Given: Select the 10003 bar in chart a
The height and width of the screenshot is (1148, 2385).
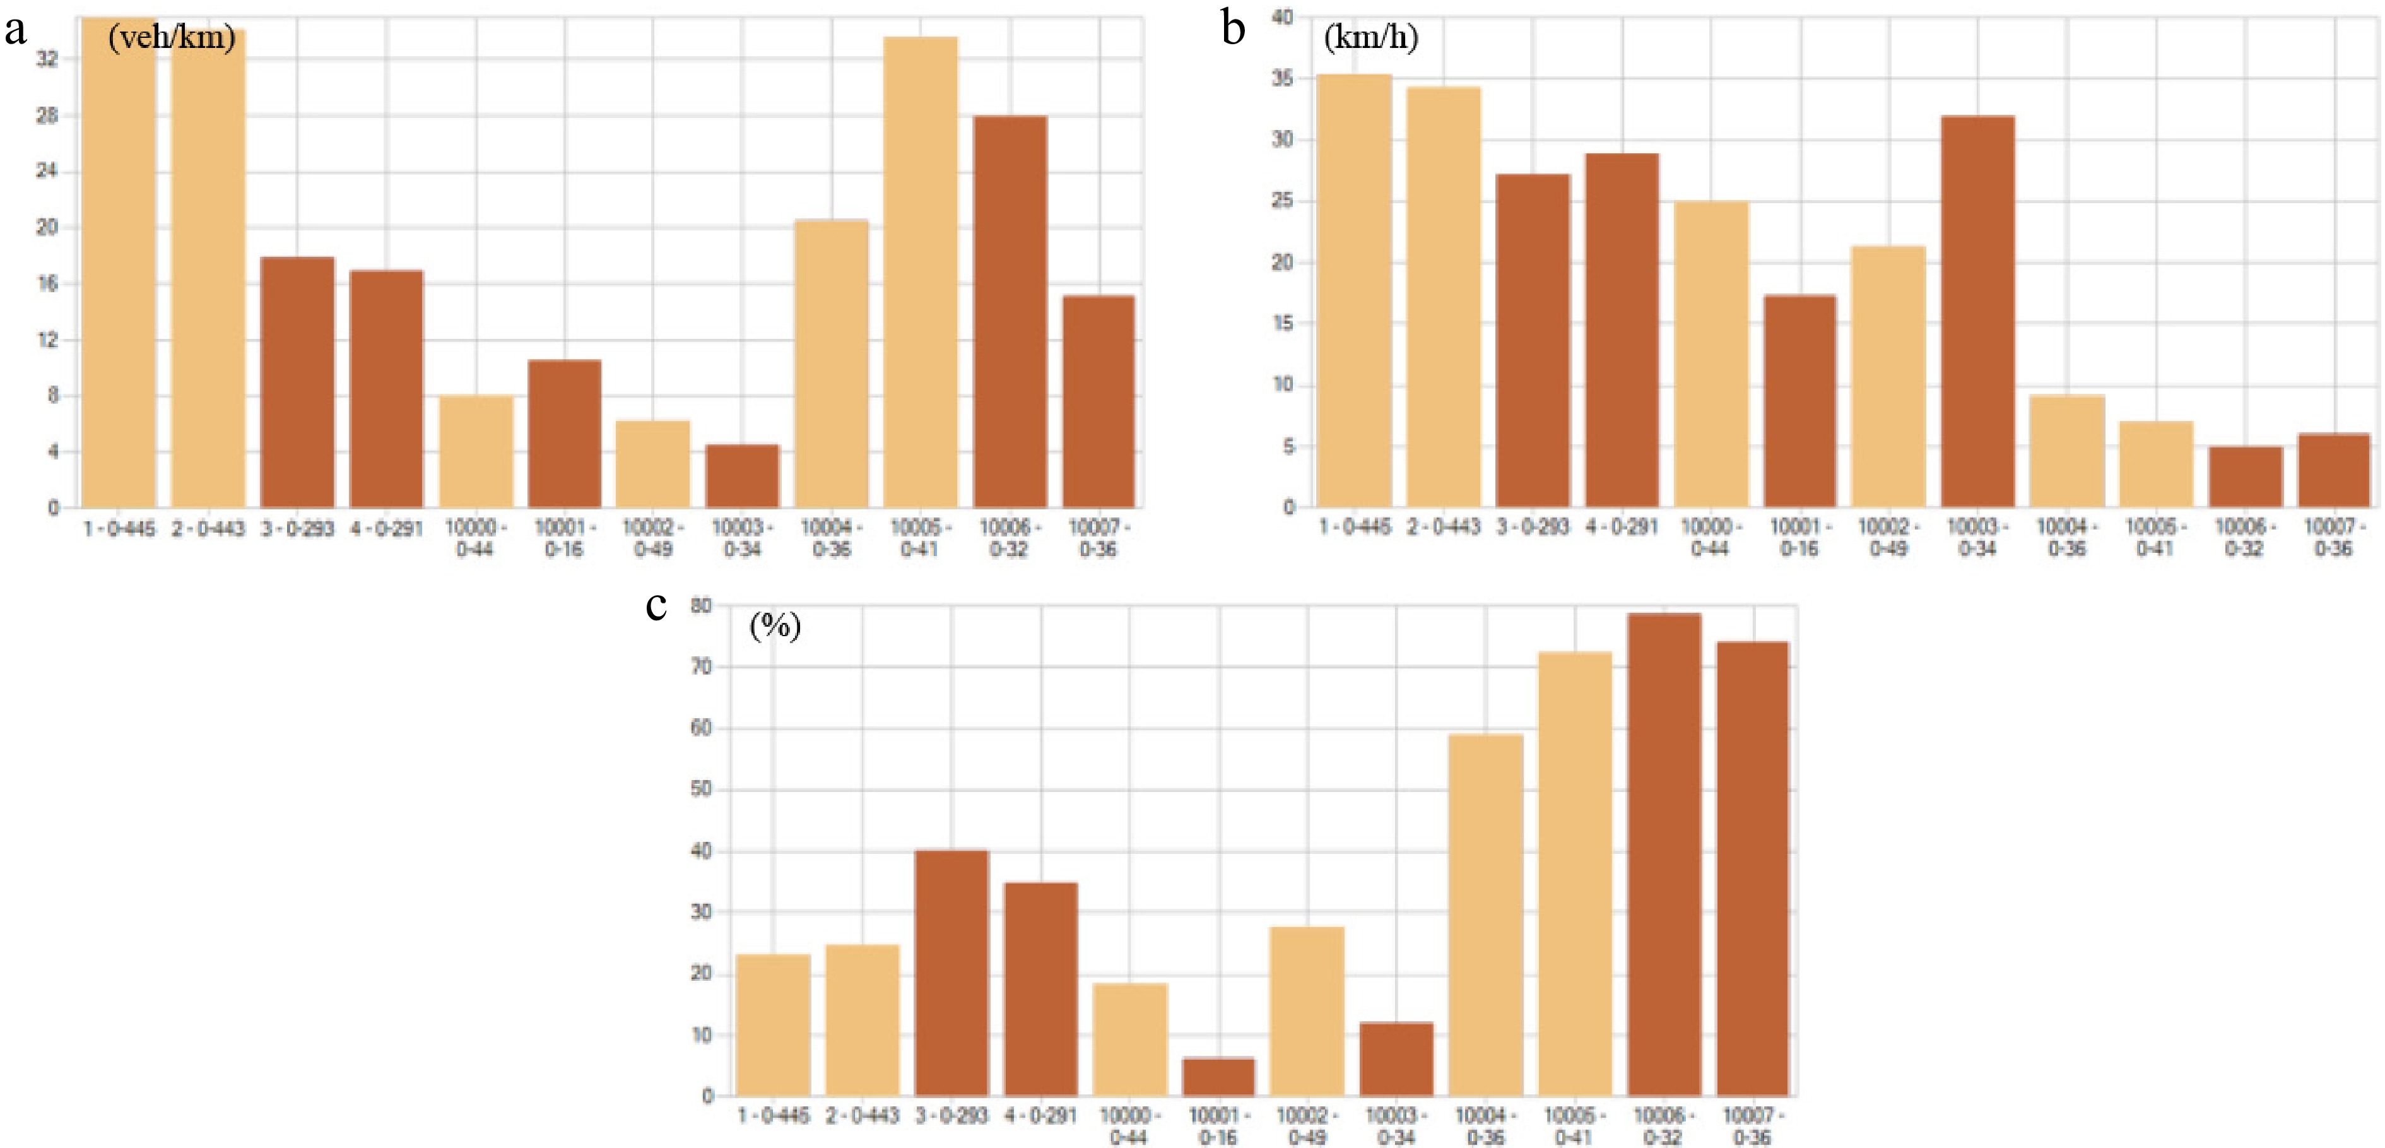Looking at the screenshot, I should pos(743,476).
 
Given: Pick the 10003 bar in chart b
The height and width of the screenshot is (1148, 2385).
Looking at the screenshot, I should pos(1977,311).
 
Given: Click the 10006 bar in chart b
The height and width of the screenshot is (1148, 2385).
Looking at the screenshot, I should pos(2245,476).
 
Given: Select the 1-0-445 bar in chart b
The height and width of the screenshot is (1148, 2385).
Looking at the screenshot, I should pos(1353,291).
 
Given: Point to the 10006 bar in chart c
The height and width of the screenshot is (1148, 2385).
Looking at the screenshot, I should pos(1664,854).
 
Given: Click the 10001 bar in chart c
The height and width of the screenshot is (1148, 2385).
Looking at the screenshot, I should pos(1218,1077).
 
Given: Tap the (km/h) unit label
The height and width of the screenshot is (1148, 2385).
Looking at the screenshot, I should pos(1370,37).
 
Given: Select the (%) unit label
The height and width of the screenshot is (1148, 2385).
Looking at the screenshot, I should pos(775,627).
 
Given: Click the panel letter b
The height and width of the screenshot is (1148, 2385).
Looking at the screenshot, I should pos(1232,28).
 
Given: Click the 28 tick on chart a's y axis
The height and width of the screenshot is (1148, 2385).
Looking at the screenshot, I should pos(46,115).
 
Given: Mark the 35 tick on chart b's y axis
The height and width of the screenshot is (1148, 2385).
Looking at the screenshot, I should pos(1282,79).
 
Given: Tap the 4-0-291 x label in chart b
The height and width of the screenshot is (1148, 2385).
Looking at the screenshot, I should pos(1621,527).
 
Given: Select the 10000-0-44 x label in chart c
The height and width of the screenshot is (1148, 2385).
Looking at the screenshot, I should pos(1129,1126).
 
